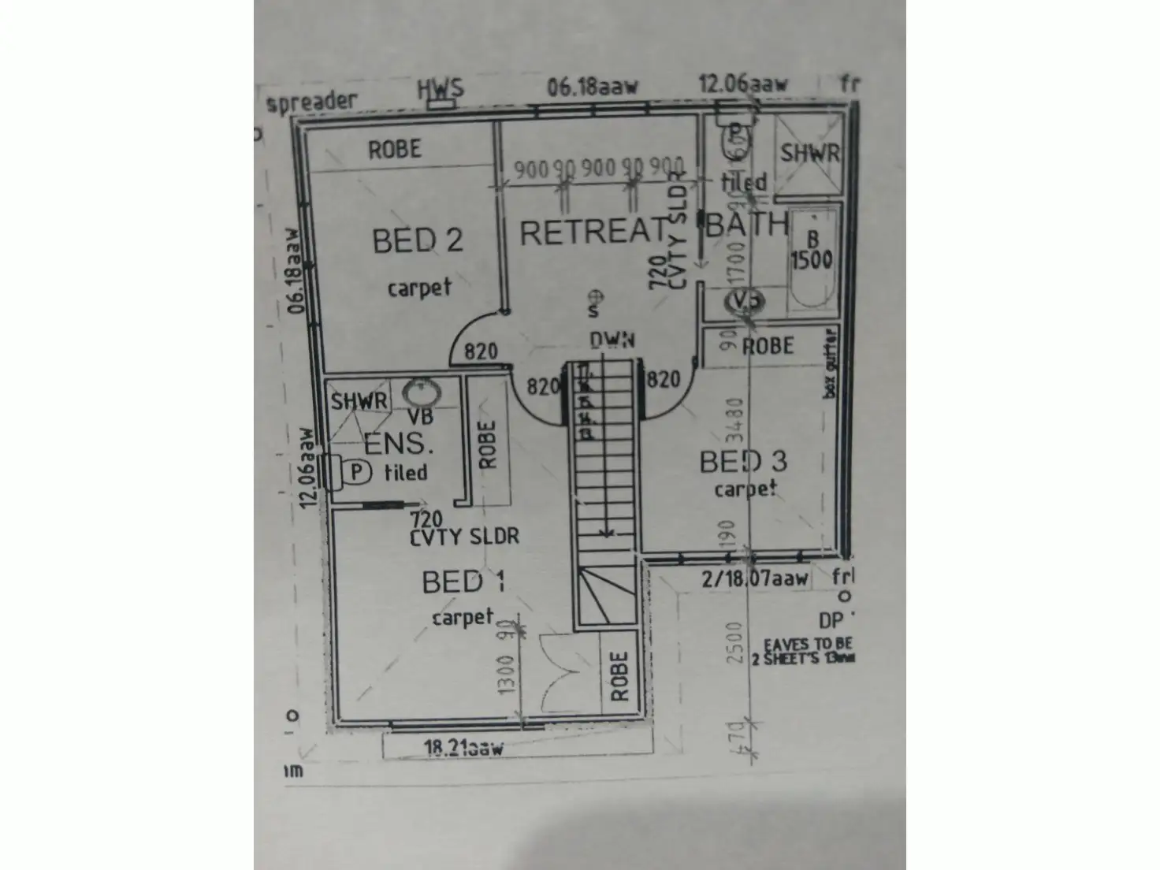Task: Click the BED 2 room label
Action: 417,240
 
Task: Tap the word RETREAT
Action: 593,232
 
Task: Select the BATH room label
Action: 746,225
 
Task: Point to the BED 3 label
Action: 742,462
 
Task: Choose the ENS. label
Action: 399,444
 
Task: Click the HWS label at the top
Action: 440,87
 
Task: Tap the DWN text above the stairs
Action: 612,340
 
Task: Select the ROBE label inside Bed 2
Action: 395,149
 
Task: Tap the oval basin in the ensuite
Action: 422,392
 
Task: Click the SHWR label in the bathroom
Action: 809,152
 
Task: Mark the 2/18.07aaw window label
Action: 755,579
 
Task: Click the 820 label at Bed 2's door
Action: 480,351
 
